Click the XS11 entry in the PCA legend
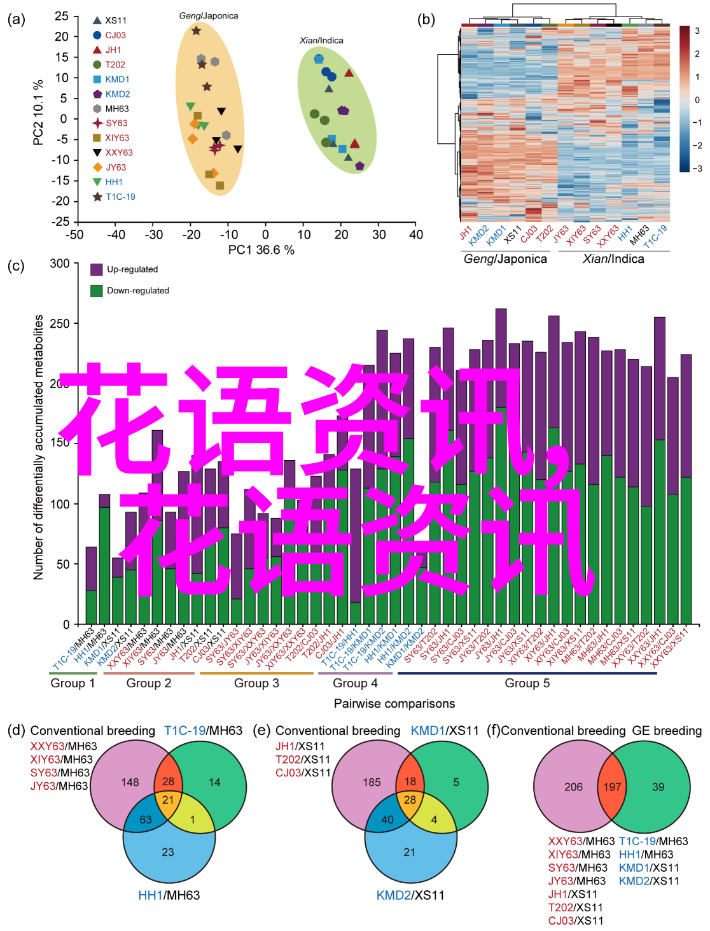tap(115, 20)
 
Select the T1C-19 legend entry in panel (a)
tap(120, 197)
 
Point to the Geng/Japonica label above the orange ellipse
tap(209, 15)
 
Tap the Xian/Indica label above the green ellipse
tap(321, 40)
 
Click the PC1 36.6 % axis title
tap(261, 250)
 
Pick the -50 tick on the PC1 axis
tap(75, 235)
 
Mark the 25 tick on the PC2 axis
tap(62, 16)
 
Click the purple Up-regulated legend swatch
tap(97, 269)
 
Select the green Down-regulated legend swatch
tap(97, 291)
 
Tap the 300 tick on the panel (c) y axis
tap(60, 263)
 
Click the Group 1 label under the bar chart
tap(73, 683)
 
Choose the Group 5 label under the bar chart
tap(527, 683)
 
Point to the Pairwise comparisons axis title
tap(394, 703)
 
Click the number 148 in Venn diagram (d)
tap(130, 782)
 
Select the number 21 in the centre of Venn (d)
tap(168, 800)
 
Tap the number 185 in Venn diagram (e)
tap(372, 782)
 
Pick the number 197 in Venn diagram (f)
tap(612, 787)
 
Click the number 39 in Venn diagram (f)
tap(658, 787)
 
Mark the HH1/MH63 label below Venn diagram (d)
tap(169, 895)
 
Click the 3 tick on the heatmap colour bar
tap(697, 31)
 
